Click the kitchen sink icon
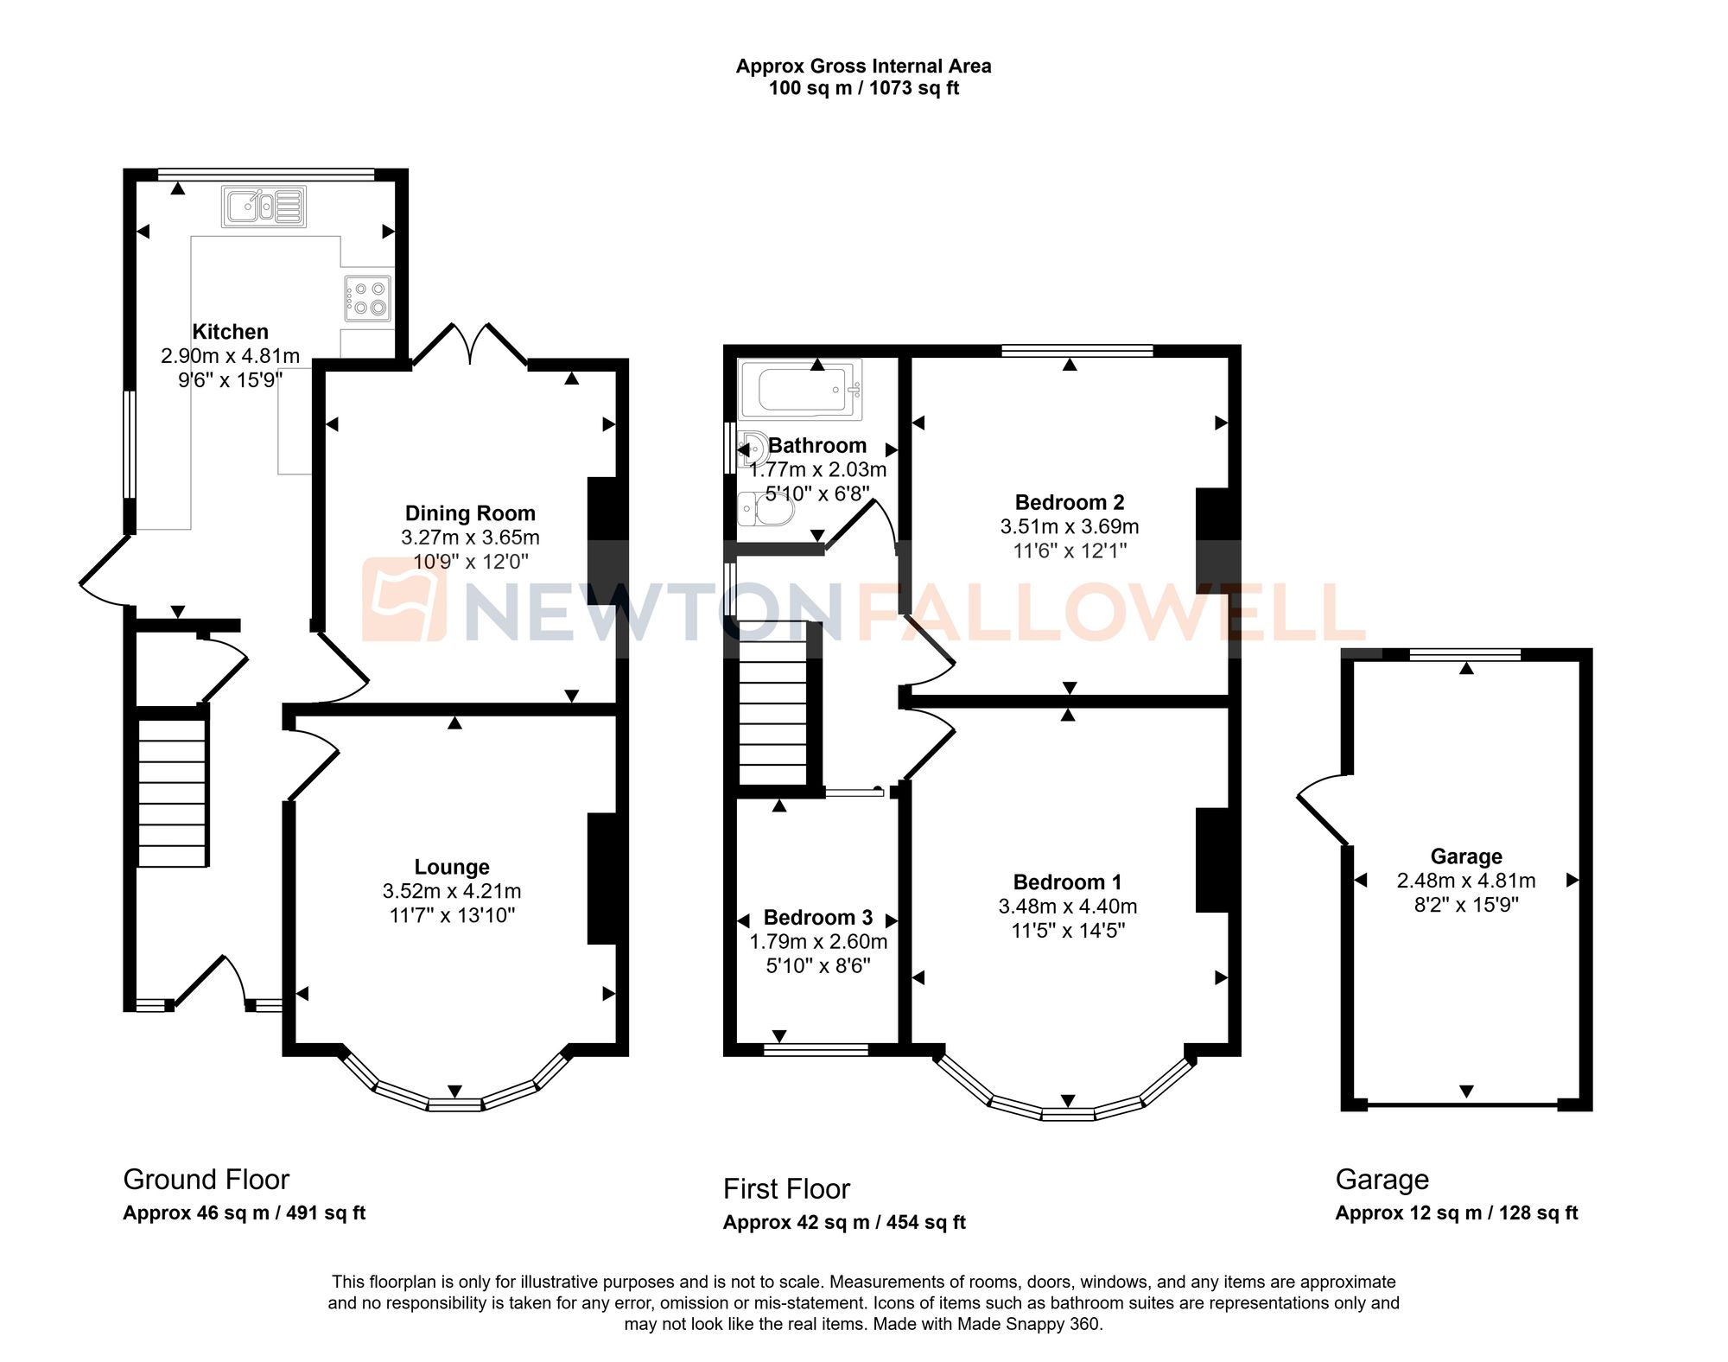(264, 207)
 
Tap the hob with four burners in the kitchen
(367, 298)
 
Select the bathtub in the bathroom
(800, 389)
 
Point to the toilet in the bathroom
(766, 509)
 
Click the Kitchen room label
(230, 332)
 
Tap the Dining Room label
(470, 513)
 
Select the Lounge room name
(452, 867)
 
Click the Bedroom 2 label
(1070, 502)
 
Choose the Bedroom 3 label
(818, 917)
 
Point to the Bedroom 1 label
(1068, 882)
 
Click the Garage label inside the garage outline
(1466, 856)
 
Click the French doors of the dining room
(470, 345)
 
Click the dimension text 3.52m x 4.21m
(452, 891)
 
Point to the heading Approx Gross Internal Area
(863, 67)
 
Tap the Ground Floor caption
(206, 1180)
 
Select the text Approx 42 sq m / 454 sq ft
(844, 1223)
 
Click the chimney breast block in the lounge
(602, 878)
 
